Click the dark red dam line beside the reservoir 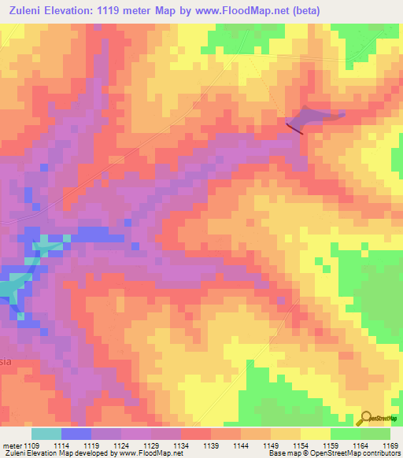pos(294,127)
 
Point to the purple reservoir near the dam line pos(319,116)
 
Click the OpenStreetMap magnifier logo pos(366,419)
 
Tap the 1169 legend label pos(390,445)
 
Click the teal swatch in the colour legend pos(46,434)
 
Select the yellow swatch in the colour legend pos(316,434)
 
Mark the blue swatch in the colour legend pos(76,434)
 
